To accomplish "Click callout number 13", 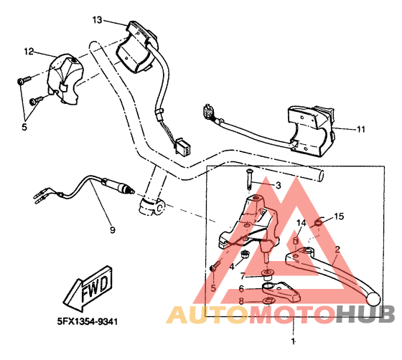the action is click(x=97, y=20).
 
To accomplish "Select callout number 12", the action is click(x=29, y=52).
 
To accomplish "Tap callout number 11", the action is click(x=361, y=129).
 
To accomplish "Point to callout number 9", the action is click(x=113, y=229).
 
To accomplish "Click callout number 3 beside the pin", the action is click(x=279, y=185).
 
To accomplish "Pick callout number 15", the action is click(x=339, y=217).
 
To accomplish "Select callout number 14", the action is click(x=301, y=223).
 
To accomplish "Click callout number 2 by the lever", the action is click(x=337, y=249).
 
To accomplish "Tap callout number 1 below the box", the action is click(x=293, y=341).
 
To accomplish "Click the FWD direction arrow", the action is click(x=88, y=288).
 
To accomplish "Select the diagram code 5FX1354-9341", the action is click(x=88, y=321).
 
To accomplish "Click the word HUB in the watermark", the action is click(x=365, y=314).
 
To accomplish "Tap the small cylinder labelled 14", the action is click(x=296, y=241).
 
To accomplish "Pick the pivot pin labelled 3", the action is click(x=249, y=179).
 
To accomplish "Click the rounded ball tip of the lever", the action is click(x=374, y=299).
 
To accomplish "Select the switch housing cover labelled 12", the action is click(x=65, y=78).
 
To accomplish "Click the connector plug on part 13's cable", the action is click(x=182, y=146).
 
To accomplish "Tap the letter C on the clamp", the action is click(x=159, y=207).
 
